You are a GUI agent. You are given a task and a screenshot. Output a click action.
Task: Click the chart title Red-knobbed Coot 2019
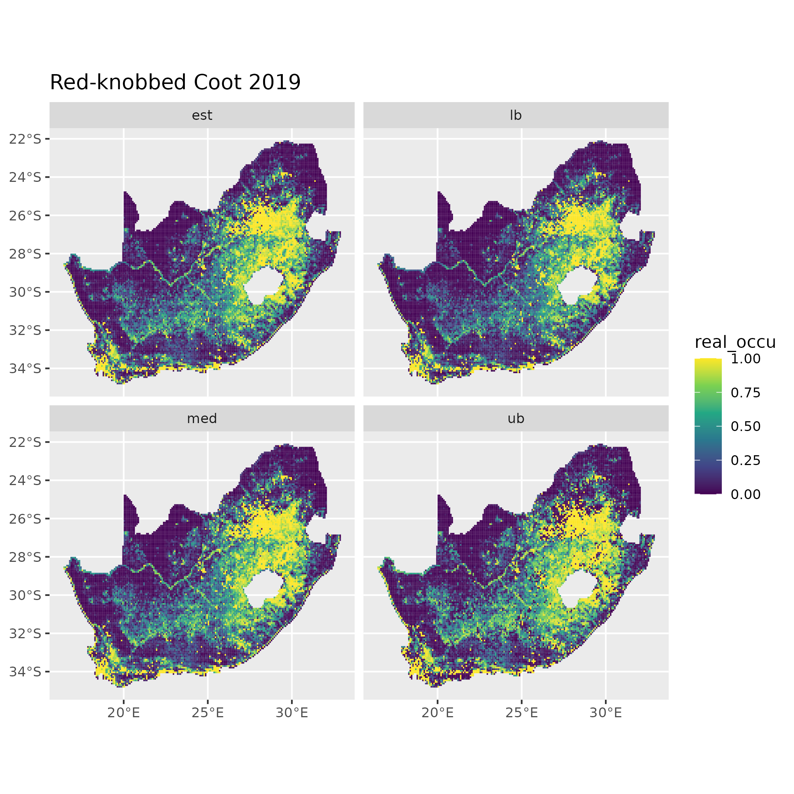pyautogui.click(x=175, y=82)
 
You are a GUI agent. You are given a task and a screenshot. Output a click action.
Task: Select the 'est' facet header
pyautogui.click(x=202, y=115)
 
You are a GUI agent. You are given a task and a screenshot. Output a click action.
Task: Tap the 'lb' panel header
pyautogui.click(x=515, y=115)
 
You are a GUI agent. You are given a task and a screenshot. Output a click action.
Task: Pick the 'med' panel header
pyautogui.click(x=202, y=419)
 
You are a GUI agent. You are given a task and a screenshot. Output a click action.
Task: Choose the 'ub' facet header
pyautogui.click(x=515, y=419)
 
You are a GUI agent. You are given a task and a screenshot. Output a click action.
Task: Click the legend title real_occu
pyautogui.click(x=735, y=342)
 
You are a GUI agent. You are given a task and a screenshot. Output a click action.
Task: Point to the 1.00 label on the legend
pyautogui.click(x=746, y=359)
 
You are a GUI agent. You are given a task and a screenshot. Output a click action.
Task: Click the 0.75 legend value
pyautogui.click(x=746, y=393)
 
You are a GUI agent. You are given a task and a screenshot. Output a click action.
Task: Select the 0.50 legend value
pyautogui.click(x=746, y=426)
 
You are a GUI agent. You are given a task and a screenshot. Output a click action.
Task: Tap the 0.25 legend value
pyautogui.click(x=746, y=460)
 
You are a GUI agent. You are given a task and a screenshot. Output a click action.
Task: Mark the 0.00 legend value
pyautogui.click(x=746, y=495)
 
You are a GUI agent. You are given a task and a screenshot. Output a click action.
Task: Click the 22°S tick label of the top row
pyautogui.click(x=25, y=139)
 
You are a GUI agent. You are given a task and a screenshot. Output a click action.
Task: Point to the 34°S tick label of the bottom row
pyautogui.click(x=25, y=671)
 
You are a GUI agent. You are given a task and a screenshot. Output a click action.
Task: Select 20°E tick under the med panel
pyautogui.click(x=124, y=713)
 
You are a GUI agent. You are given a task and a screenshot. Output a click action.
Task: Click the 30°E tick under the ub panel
pyautogui.click(x=605, y=713)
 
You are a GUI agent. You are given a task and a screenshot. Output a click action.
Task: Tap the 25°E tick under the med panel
pyautogui.click(x=208, y=713)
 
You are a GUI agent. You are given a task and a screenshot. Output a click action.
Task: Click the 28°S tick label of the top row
pyautogui.click(x=25, y=254)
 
